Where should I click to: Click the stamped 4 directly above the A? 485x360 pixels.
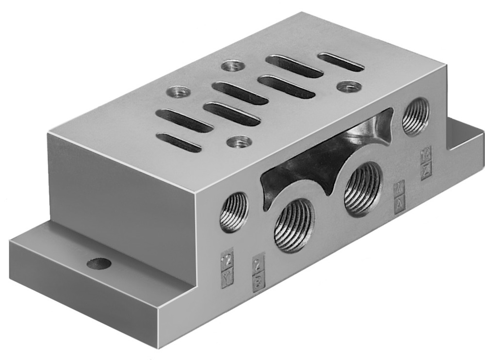(x=400, y=187)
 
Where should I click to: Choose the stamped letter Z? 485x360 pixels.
(x=426, y=171)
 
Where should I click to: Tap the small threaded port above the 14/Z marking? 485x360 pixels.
(x=416, y=116)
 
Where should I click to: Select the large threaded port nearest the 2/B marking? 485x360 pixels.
(x=293, y=225)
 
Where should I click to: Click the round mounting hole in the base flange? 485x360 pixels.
(x=99, y=264)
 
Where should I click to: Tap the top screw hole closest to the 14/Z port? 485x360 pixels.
(x=348, y=87)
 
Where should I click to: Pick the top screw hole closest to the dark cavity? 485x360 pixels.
(x=240, y=142)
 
